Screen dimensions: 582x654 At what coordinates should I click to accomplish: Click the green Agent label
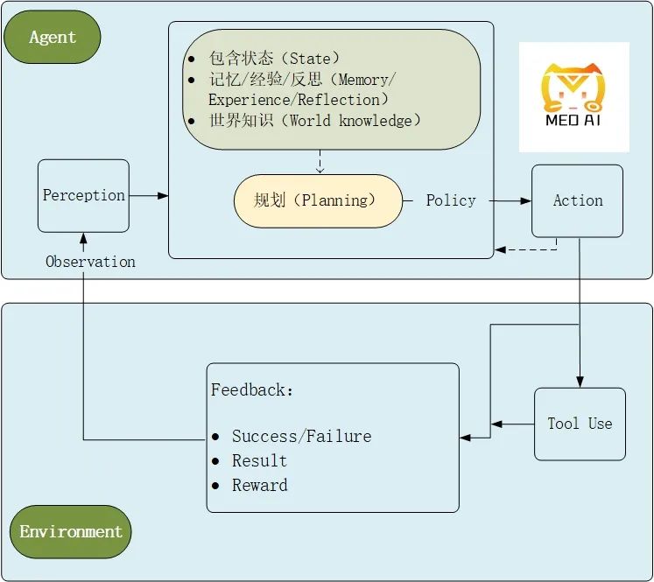(53, 37)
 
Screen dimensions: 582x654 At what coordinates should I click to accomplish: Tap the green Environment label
(71, 531)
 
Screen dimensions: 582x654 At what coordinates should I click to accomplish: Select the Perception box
(83, 195)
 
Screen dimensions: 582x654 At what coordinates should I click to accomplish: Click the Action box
(577, 200)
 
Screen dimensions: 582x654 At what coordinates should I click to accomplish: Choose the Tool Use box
(580, 424)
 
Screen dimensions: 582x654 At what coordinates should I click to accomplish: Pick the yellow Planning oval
(318, 200)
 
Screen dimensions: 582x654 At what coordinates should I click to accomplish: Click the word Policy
(451, 200)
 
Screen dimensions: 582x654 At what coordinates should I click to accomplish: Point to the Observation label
(90, 262)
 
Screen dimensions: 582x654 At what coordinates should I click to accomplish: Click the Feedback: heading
(252, 390)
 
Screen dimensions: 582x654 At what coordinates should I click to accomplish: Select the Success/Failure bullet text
(301, 436)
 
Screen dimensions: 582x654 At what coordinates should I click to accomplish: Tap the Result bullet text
(259, 460)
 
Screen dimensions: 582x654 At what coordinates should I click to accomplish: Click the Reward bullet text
(259, 485)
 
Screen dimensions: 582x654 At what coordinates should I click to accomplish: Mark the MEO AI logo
(573, 97)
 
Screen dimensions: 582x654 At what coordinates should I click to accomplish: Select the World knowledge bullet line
(315, 120)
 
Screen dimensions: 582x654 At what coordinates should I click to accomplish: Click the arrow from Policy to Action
(510, 200)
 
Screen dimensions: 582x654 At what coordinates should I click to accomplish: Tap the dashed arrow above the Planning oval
(320, 161)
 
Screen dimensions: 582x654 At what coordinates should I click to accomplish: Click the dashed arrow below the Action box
(525, 249)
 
